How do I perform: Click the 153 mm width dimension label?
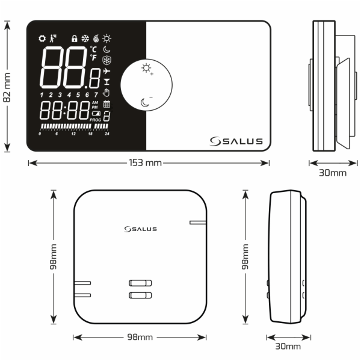click(x=145, y=163)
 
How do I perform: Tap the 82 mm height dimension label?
click(x=7, y=87)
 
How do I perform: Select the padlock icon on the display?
click(x=74, y=39)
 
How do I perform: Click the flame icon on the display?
click(x=96, y=39)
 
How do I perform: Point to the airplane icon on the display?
click(x=106, y=71)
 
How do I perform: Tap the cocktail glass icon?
click(x=106, y=82)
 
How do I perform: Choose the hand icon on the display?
click(x=106, y=93)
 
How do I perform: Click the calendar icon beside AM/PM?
click(x=106, y=104)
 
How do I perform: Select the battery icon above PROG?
click(x=96, y=114)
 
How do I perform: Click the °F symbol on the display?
click(x=93, y=58)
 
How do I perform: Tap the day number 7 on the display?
click(x=96, y=94)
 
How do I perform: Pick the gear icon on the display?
click(x=42, y=39)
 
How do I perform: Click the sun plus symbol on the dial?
click(x=147, y=69)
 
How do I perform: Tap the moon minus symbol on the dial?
click(x=146, y=102)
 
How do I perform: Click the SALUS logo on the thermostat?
click(x=236, y=141)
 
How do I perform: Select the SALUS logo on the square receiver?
click(x=140, y=229)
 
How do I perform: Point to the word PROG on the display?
click(x=95, y=120)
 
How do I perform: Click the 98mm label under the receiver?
click(x=140, y=337)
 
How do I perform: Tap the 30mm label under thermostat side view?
click(x=333, y=173)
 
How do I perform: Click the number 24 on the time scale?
click(x=107, y=134)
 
